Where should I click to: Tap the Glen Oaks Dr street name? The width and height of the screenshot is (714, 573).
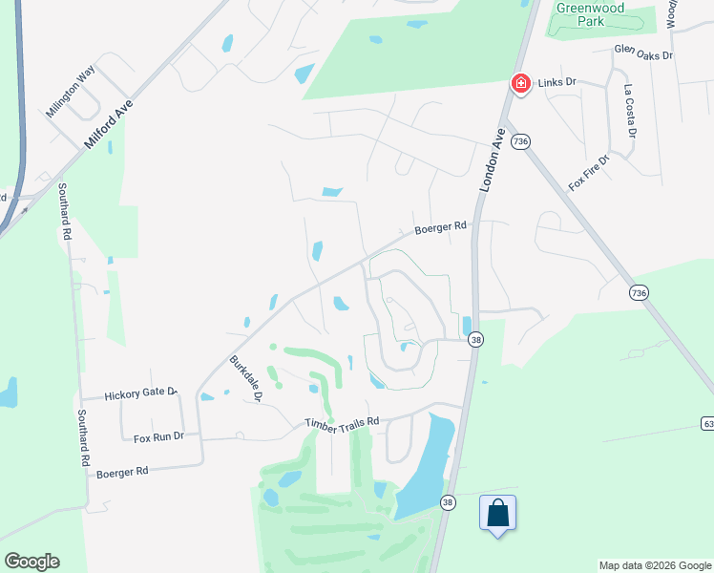(x=644, y=52)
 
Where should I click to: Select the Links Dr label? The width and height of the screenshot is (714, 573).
(x=559, y=83)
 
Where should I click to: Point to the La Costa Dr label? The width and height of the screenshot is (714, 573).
(x=629, y=109)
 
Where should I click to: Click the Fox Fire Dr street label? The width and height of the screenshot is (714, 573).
(x=588, y=173)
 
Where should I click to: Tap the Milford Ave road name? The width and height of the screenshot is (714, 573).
(x=109, y=121)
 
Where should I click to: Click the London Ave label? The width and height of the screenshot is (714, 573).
(x=491, y=161)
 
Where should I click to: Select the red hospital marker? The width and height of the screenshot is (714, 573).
(x=521, y=84)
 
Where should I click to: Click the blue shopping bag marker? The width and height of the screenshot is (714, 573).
(x=497, y=513)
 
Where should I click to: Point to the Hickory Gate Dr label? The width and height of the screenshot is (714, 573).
(x=141, y=393)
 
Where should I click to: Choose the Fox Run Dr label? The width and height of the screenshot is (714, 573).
(x=157, y=436)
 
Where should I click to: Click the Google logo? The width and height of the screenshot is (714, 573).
(x=31, y=562)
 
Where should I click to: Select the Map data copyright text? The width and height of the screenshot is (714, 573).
(x=655, y=565)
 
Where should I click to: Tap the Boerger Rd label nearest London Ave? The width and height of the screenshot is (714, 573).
(x=440, y=228)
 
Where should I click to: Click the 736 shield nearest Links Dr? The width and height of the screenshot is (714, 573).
(x=520, y=141)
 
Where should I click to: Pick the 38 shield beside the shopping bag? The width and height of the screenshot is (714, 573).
(x=448, y=502)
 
